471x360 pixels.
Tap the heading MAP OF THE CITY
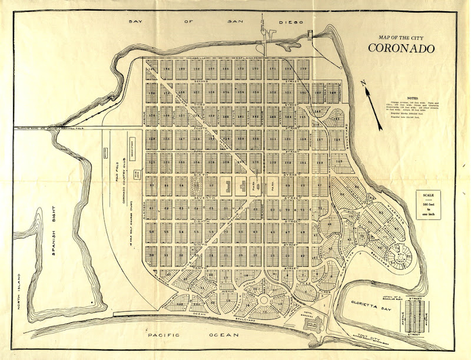403,36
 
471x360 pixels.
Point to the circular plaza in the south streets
262,300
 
